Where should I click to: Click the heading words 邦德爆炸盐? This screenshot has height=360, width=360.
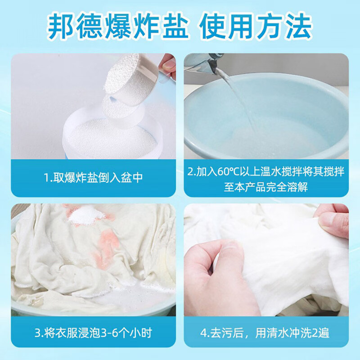click(x=118, y=26)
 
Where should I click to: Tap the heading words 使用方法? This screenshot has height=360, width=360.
click(x=255, y=26)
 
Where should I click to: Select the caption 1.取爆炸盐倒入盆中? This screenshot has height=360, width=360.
click(x=93, y=177)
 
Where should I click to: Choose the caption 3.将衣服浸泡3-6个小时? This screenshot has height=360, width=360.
click(x=93, y=333)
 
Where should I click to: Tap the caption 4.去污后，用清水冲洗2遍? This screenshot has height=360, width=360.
click(x=265, y=333)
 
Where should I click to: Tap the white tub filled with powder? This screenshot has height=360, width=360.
click(x=112, y=135)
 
